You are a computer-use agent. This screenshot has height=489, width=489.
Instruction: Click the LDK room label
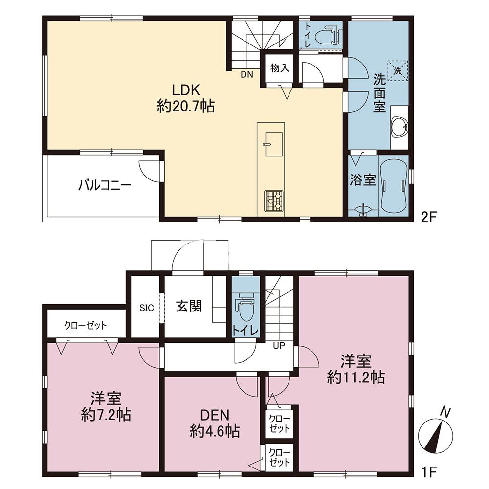(x=186, y=90)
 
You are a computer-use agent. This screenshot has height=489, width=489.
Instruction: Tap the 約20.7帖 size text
(x=186, y=107)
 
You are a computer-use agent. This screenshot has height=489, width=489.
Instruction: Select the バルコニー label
(x=105, y=185)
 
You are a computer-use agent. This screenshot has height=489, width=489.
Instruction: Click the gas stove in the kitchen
(x=273, y=201)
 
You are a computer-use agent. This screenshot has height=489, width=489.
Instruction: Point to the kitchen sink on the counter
(x=273, y=144)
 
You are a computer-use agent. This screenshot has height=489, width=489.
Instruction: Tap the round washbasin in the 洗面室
(x=399, y=126)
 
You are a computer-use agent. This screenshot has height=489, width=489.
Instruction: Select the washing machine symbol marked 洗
(x=397, y=71)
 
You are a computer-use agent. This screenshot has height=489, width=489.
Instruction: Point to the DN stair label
(x=246, y=74)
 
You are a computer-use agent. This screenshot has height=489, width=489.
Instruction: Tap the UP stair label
(x=279, y=346)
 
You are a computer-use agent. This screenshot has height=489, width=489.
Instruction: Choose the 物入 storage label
(x=279, y=67)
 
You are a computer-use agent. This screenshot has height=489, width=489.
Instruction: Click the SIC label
(x=146, y=308)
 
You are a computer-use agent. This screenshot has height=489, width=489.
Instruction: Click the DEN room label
(x=215, y=415)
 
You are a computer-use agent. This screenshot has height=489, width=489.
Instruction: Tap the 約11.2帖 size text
(x=356, y=378)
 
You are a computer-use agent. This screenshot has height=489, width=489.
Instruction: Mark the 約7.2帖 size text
(x=106, y=415)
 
